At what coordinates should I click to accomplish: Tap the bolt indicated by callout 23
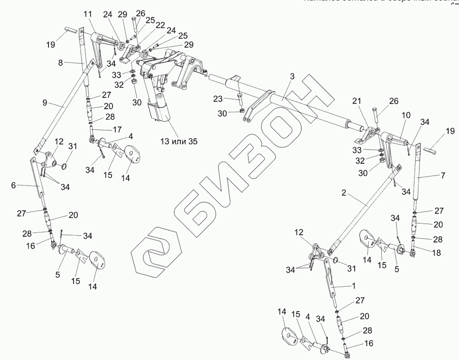tap(240, 100)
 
